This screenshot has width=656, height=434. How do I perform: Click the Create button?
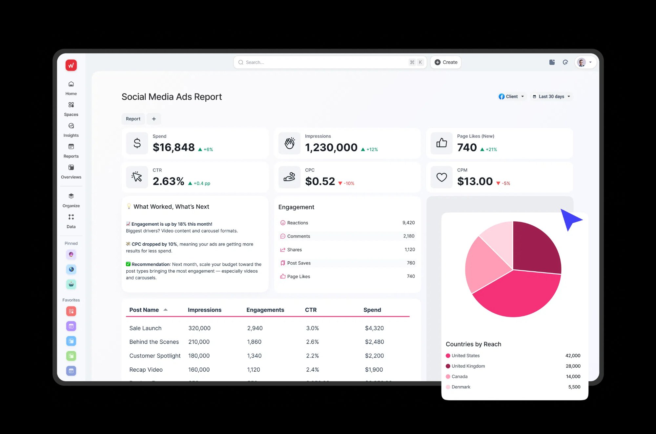[x=446, y=62]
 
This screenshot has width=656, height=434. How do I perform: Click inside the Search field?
[x=325, y=62]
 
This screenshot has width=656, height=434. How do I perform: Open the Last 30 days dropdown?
[x=551, y=96]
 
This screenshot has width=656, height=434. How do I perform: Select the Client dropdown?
[x=511, y=96]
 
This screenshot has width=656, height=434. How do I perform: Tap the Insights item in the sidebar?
[x=71, y=130]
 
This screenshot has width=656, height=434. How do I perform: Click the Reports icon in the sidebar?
[x=71, y=147]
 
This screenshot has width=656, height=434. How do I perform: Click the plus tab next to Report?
[x=154, y=119]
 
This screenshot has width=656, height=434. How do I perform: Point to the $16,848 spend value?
[x=174, y=148]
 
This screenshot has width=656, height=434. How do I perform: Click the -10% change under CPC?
[x=349, y=183]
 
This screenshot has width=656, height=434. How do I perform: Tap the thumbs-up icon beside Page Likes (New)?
[x=441, y=143]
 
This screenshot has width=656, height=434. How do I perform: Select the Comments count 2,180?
[x=409, y=236]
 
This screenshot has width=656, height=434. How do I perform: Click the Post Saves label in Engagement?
[x=298, y=263]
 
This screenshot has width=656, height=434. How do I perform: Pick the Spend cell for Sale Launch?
[x=374, y=328]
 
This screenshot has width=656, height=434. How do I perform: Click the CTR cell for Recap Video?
[x=312, y=370]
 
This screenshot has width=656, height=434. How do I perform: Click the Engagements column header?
[x=265, y=310]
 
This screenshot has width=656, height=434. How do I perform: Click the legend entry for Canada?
[x=459, y=377]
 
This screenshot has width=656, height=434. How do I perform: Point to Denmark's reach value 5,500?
[x=574, y=387]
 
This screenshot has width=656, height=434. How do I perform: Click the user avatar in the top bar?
[x=581, y=62]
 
